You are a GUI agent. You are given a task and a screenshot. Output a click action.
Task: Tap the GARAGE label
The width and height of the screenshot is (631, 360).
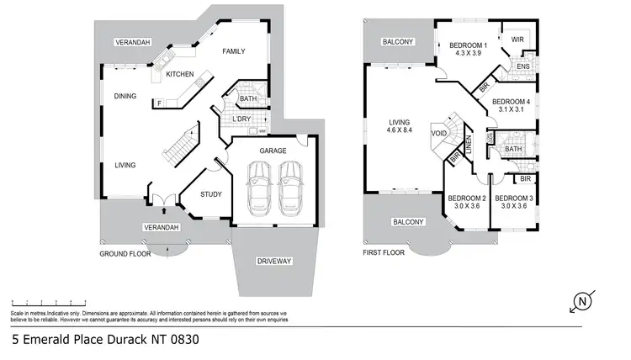[x=273, y=149]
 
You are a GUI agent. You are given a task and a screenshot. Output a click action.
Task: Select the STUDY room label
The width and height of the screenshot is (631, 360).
[x=211, y=194]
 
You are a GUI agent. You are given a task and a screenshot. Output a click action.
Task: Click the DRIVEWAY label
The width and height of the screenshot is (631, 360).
[x=273, y=262]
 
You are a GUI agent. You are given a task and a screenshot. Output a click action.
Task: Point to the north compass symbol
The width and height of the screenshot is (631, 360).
[x=581, y=301]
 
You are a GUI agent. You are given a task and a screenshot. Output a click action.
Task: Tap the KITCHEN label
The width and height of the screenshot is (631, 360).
[x=180, y=75]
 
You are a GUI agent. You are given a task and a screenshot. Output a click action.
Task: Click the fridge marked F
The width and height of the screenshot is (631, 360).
[x=159, y=103]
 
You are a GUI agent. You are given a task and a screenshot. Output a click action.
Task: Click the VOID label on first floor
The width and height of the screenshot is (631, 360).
[x=438, y=134]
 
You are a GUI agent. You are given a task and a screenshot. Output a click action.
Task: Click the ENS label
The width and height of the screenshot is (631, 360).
[x=523, y=66]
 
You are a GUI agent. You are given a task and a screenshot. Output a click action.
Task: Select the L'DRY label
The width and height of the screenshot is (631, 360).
[x=242, y=119]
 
